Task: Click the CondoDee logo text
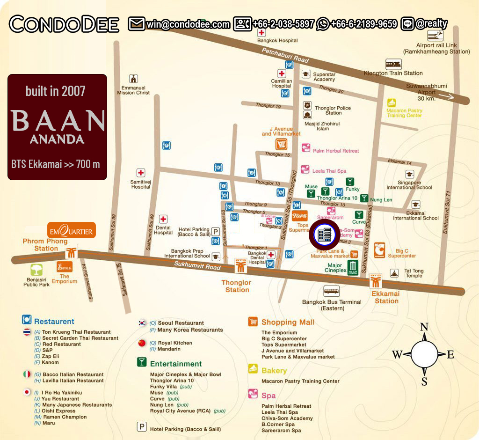[64, 24]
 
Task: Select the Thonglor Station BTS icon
[240, 266]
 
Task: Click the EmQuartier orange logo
[72, 230]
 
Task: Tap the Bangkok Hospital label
[277, 41]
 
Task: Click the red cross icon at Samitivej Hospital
[140, 173]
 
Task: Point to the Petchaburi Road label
[285, 55]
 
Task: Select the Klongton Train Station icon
[393, 64]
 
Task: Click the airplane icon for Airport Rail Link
[436, 36]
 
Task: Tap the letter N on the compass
[424, 327]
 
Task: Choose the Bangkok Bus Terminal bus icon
[331, 292]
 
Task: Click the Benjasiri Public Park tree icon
[36, 270]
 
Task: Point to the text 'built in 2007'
[56, 90]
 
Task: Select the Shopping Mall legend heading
[288, 322]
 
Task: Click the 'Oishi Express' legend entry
[60, 411]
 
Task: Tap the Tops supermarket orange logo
[299, 216]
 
